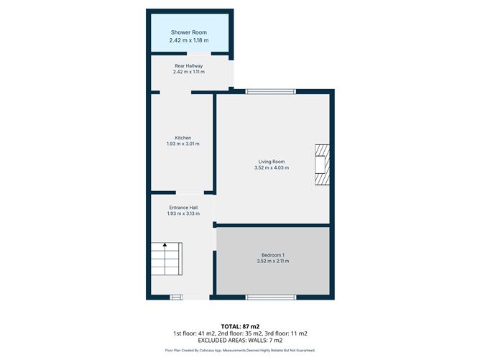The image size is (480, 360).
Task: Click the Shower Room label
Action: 188,33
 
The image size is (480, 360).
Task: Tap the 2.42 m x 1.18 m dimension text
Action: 188,40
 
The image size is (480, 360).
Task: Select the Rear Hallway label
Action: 188,65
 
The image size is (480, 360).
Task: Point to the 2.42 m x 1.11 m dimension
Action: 188,72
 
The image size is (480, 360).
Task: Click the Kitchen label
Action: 183,137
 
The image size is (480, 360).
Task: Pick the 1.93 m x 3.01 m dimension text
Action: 183,144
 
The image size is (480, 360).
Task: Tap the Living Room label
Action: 272,162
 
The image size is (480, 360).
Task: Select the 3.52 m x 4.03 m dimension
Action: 272,168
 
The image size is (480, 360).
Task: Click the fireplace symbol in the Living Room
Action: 322,165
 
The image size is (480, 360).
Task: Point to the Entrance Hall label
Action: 183,207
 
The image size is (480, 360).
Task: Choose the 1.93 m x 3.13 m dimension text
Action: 183,213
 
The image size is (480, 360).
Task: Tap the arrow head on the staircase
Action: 165,245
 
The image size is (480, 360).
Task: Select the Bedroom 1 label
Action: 273,255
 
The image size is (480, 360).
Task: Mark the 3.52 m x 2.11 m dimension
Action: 273,262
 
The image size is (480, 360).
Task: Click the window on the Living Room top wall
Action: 270,91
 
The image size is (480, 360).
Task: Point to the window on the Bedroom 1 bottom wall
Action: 270,297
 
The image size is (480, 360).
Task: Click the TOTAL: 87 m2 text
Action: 240,326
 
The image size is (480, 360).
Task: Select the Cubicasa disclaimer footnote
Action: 240,351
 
